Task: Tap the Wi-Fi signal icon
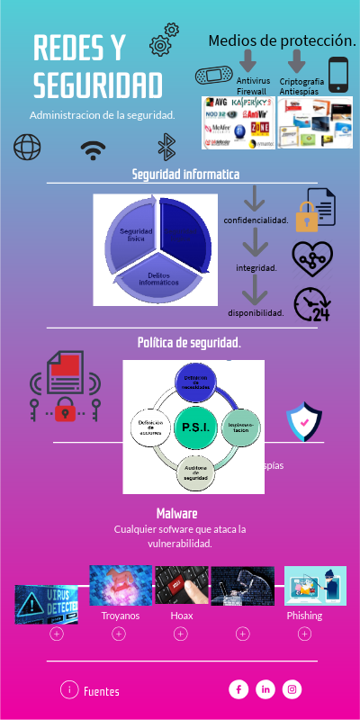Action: [93, 149]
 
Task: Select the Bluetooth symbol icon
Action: [166, 147]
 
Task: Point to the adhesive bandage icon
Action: [214, 75]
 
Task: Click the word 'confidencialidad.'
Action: [256, 220]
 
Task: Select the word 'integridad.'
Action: [256, 267]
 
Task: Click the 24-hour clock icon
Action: [310, 305]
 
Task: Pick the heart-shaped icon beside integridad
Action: [311, 257]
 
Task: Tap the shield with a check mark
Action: [303, 421]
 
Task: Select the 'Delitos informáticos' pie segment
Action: [158, 279]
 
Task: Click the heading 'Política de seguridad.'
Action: [189, 343]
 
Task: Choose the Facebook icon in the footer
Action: [238, 689]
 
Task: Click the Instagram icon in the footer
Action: [292, 689]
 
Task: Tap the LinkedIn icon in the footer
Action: [265, 689]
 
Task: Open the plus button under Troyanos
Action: [119, 634]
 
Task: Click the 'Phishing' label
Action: [304, 616]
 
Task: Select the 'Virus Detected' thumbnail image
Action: [46, 605]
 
